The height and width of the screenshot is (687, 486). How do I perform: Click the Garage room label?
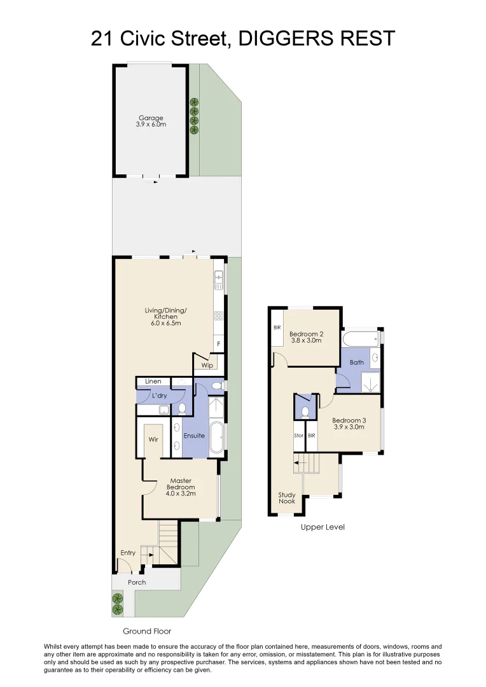pyautogui.click(x=151, y=121)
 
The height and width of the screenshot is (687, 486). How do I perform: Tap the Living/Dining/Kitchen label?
pyautogui.click(x=165, y=317)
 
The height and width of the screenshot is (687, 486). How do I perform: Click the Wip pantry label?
pyautogui.click(x=207, y=365)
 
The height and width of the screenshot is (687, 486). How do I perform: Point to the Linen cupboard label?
pyautogui.click(x=153, y=381)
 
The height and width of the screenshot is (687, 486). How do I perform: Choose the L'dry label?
pyautogui.click(x=159, y=396)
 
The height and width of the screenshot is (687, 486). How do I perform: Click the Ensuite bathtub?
pyautogui.click(x=216, y=437)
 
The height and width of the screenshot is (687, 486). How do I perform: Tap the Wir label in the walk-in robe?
pyautogui.click(x=153, y=439)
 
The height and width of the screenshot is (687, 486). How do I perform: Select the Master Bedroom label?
pyautogui.click(x=181, y=487)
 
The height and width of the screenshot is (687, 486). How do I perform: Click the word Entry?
pyautogui.click(x=128, y=553)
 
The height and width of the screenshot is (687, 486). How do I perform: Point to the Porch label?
pyautogui.click(x=137, y=582)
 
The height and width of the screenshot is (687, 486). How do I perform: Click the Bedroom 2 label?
pyautogui.click(x=307, y=337)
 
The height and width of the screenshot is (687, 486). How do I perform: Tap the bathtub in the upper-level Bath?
pyautogui.click(x=360, y=338)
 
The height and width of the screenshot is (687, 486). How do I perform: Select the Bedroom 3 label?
pyautogui.click(x=349, y=423)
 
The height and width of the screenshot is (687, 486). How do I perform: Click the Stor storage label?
pyautogui.click(x=299, y=436)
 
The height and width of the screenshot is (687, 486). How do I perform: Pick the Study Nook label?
pyautogui.click(x=287, y=497)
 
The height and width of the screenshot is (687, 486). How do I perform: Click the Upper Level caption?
pyautogui.click(x=323, y=527)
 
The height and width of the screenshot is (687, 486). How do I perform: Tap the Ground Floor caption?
pyautogui.click(x=147, y=632)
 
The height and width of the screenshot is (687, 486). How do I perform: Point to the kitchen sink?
pyautogui.click(x=218, y=277)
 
